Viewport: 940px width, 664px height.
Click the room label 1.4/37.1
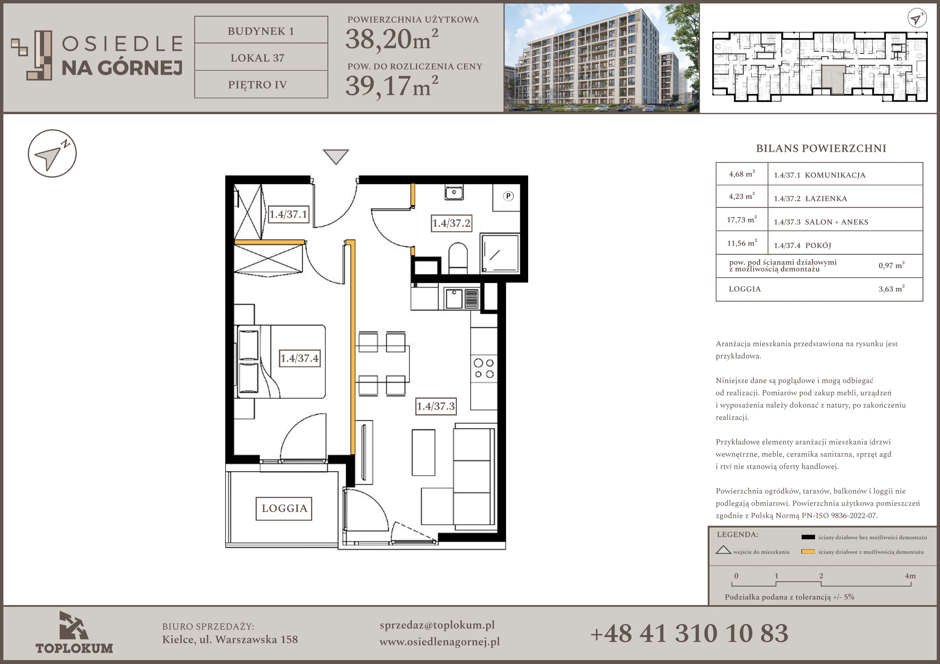pyautogui.click(x=288, y=214)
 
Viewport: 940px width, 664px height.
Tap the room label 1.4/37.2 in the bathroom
pyautogui.click(x=451, y=223)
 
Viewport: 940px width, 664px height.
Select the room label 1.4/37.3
pyautogui.click(x=436, y=406)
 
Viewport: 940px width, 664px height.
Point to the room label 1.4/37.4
pyautogui.click(x=299, y=358)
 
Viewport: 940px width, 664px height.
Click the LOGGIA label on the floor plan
pyautogui.click(x=284, y=508)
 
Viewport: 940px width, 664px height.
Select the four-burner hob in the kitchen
pyautogui.click(x=484, y=368)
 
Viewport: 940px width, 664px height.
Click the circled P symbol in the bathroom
pyautogui.click(x=508, y=196)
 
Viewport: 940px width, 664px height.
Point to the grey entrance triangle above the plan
pyautogui.click(x=336, y=156)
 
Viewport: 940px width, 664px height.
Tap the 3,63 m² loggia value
pyautogui.click(x=892, y=289)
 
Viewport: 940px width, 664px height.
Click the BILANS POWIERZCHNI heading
pyautogui.click(x=821, y=148)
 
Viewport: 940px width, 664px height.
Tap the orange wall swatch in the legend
pyautogui.click(x=808, y=552)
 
